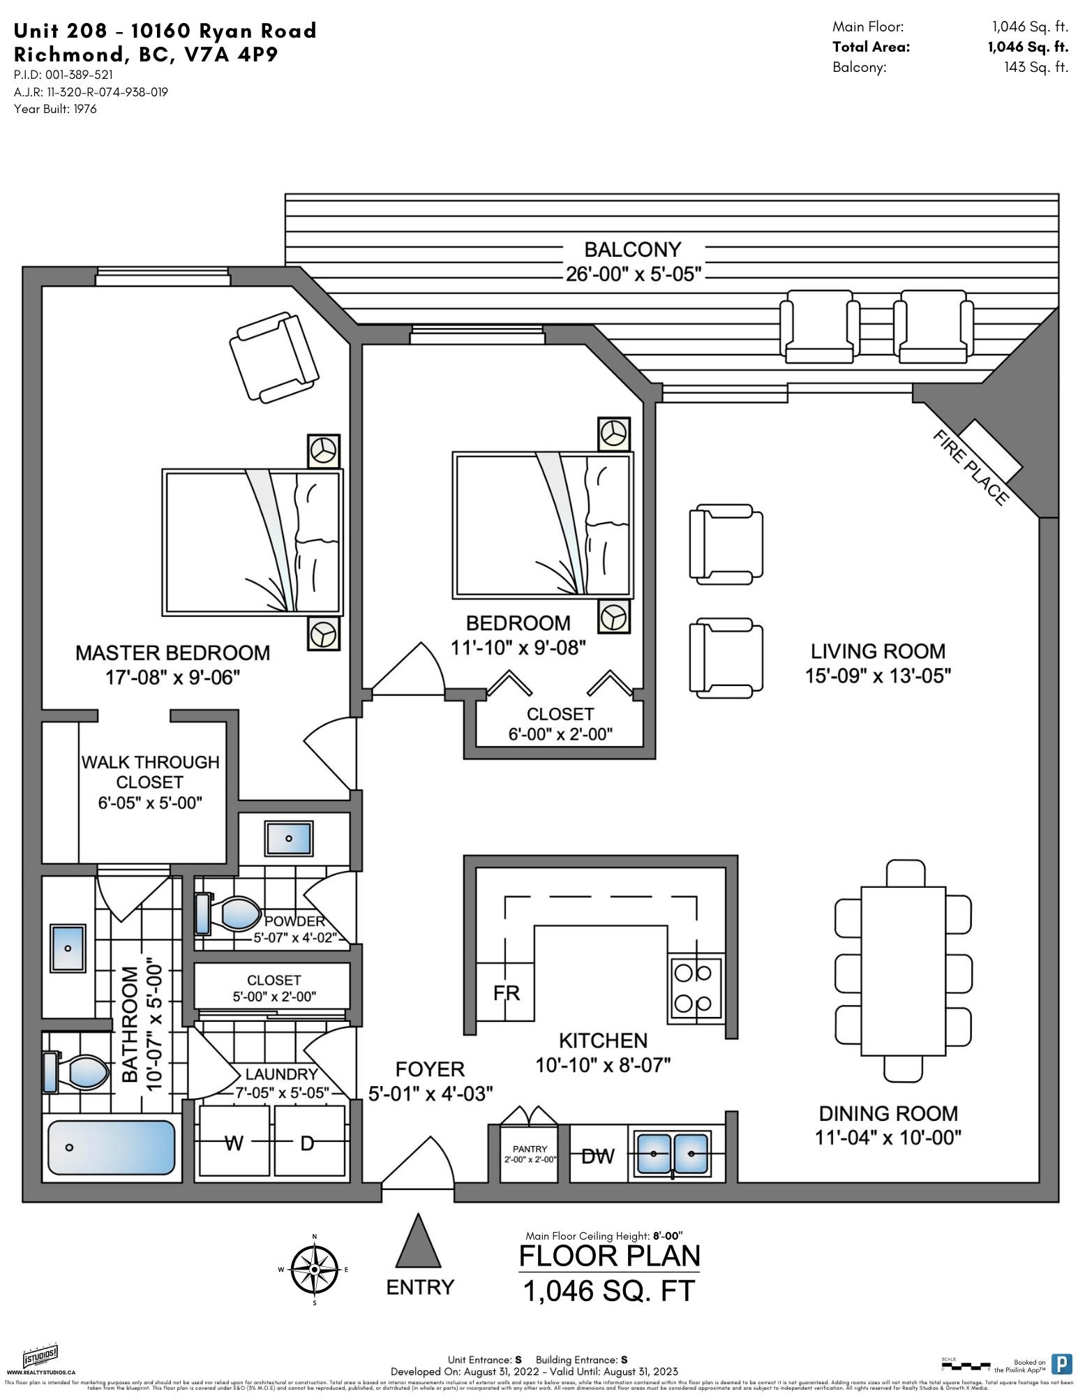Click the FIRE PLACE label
pyautogui.click(x=970, y=467)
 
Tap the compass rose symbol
pyautogui.click(x=315, y=1270)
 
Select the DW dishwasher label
pyautogui.click(x=598, y=1156)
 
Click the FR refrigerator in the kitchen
pyautogui.click(x=506, y=993)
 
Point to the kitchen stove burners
pyautogui.click(x=696, y=987)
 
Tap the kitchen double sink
pyautogui.click(x=671, y=1154)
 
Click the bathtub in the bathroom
pyautogui.click(x=112, y=1148)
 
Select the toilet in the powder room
pyautogui.click(x=228, y=914)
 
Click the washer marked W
pyautogui.click(x=234, y=1143)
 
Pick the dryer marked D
pyautogui.click(x=308, y=1143)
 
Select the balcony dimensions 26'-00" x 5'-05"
pyautogui.click(x=633, y=274)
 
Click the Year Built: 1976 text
pyautogui.click(x=55, y=109)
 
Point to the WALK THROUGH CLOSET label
pyautogui.click(x=150, y=772)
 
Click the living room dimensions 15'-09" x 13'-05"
pyautogui.click(x=878, y=676)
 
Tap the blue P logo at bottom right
pyautogui.click(x=1061, y=1365)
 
